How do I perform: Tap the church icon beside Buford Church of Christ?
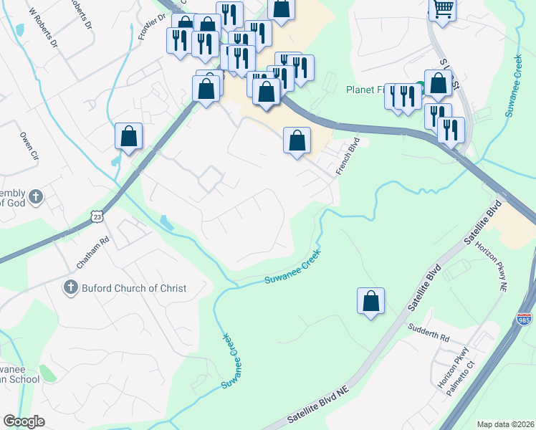70,288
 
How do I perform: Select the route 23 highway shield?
98,215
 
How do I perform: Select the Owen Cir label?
28,145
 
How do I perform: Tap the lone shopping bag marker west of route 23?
129,136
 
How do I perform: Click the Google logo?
24,421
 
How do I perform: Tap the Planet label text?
362,90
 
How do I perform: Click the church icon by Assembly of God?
38,196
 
